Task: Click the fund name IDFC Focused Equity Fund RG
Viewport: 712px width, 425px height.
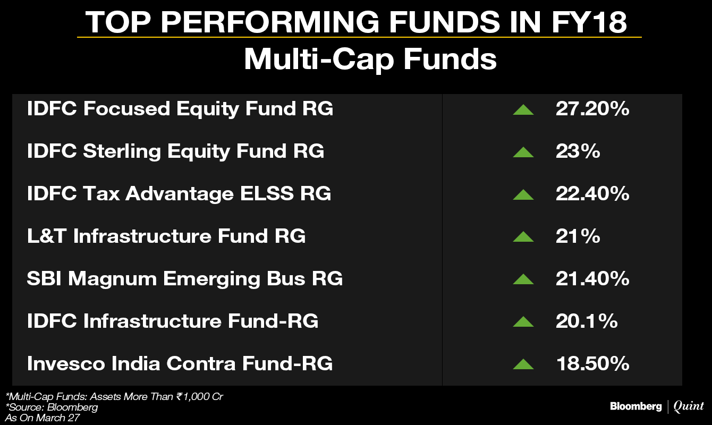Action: click(180, 109)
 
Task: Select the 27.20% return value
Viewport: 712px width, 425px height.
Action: click(592, 109)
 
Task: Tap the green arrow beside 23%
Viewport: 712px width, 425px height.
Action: click(523, 152)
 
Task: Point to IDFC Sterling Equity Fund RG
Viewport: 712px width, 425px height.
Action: click(176, 151)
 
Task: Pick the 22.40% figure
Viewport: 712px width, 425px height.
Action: click(592, 193)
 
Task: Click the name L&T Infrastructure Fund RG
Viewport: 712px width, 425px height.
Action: click(166, 236)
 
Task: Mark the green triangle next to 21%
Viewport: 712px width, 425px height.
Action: click(523, 237)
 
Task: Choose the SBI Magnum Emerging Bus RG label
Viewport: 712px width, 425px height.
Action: click(185, 279)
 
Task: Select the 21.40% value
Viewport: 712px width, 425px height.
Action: click(592, 278)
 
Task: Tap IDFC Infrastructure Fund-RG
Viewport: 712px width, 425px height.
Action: click(173, 321)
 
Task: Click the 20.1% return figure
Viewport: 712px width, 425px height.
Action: click(587, 321)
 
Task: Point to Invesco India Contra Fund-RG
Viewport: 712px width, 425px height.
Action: click(180, 363)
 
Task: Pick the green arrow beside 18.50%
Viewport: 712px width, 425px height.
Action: click(523, 364)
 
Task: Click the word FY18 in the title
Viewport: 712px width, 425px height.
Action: click(589, 22)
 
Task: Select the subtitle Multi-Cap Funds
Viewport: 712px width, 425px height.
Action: click(370, 60)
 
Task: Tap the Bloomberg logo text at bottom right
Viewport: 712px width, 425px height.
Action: click(635, 406)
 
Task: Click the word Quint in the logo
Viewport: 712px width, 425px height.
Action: click(689, 406)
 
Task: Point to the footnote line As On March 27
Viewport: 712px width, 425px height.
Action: click(43, 418)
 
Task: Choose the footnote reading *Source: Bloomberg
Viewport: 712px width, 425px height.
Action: click(52, 407)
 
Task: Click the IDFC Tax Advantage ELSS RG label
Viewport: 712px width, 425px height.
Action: click(179, 193)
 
